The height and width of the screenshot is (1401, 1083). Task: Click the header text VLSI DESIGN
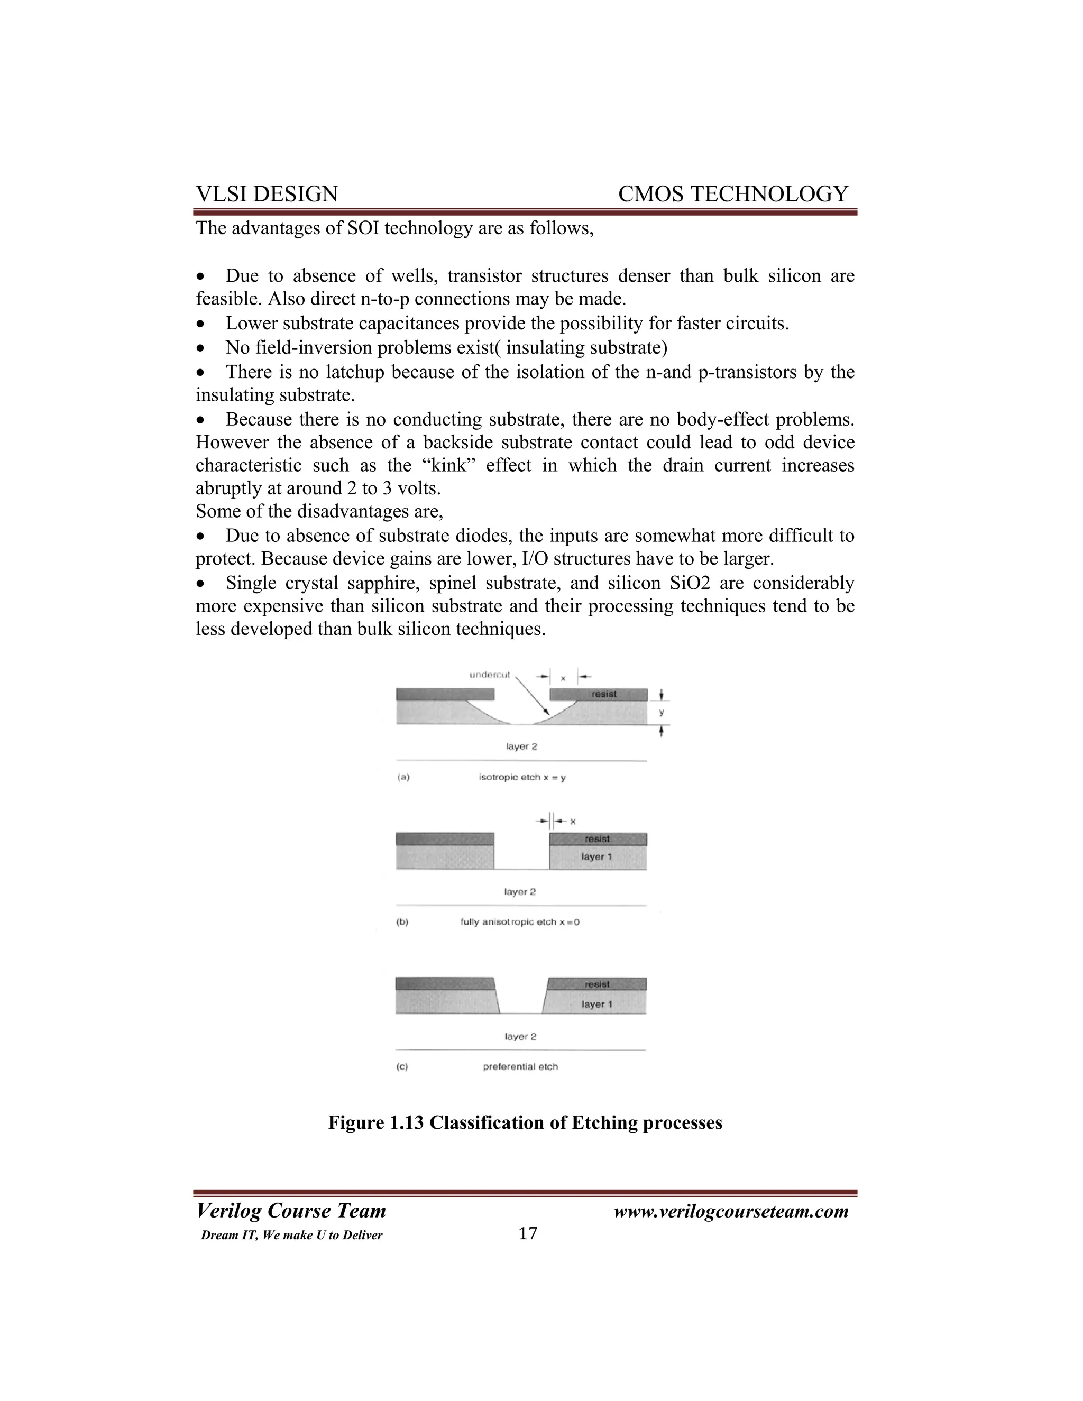(267, 193)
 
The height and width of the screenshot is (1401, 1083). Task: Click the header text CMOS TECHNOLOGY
(733, 193)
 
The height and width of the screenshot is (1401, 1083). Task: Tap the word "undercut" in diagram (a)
(490, 674)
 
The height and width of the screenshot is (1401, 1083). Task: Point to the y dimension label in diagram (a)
(662, 712)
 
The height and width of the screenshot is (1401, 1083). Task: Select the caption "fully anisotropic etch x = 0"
(520, 922)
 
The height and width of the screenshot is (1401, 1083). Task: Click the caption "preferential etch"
(520, 1066)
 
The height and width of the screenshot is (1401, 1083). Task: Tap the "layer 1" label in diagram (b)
(596, 856)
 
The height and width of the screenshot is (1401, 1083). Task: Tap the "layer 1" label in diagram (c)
(596, 1004)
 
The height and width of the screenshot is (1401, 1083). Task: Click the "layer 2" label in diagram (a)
(521, 746)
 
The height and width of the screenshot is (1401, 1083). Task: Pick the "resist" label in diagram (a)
(604, 694)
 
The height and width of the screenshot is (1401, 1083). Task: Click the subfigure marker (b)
(402, 922)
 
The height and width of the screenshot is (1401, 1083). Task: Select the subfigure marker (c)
(402, 1066)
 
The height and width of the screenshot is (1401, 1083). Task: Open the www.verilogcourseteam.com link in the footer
(731, 1211)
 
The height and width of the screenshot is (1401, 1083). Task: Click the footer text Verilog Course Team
(291, 1211)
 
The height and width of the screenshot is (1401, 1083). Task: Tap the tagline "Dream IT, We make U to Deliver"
(291, 1236)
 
